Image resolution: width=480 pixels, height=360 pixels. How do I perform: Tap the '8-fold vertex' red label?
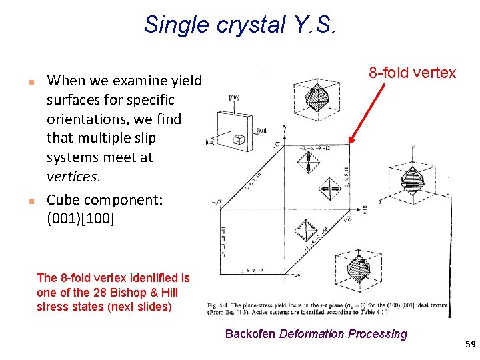point(413,73)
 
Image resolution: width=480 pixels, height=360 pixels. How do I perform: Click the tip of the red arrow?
point(351,143)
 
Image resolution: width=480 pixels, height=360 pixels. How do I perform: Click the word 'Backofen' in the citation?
point(250,334)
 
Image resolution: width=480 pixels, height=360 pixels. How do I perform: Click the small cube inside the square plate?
point(238,141)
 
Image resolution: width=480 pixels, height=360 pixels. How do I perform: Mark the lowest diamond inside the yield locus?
point(307,232)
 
